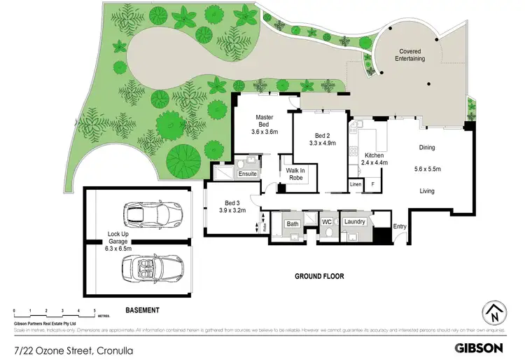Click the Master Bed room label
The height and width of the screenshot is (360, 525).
pyautogui.click(x=265, y=120)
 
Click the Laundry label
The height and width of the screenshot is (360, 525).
pyautogui.click(x=356, y=222)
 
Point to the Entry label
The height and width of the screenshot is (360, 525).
pyautogui.click(x=400, y=226)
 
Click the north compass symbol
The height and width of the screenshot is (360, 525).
pyautogui.click(x=495, y=312)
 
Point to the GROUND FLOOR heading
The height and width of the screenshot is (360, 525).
pyautogui.click(x=319, y=277)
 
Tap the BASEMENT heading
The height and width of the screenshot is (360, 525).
pyautogui.click(x=142, y=310)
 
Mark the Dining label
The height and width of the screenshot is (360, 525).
pyautogui.click(x=427, y=148)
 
